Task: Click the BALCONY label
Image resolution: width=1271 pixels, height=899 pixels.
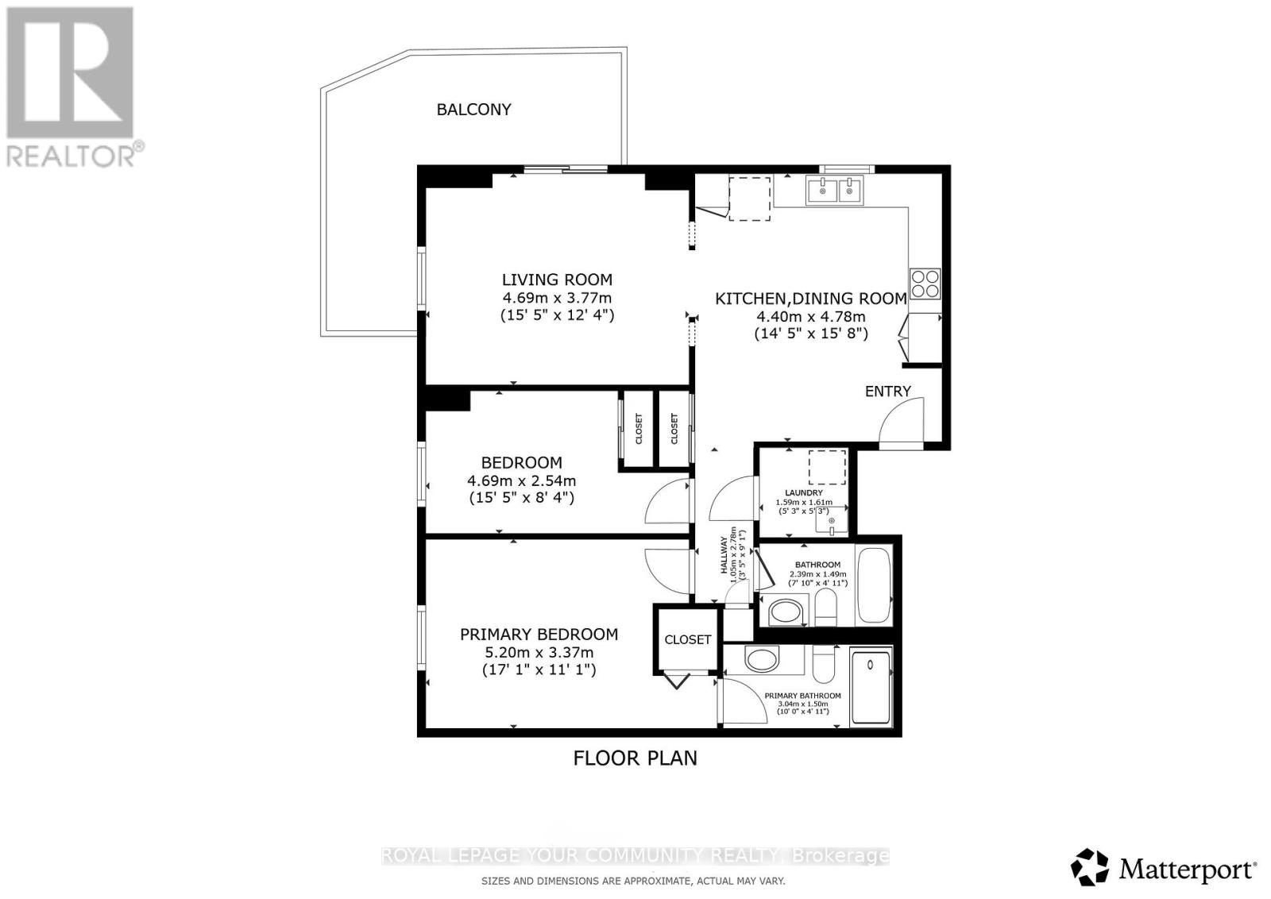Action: (x=473, y=110)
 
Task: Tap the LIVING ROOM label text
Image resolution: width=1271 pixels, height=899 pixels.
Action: (x=557, y=280)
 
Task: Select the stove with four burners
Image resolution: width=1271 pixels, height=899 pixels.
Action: (x=925, y=284)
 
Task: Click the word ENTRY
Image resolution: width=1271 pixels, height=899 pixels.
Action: (x=887, y=391)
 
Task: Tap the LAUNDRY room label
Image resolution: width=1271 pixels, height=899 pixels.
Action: (x=803, y=492)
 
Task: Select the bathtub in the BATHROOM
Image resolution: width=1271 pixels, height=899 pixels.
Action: (x=875, y=585)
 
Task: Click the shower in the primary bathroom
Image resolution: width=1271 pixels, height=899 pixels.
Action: (x=871, y=687)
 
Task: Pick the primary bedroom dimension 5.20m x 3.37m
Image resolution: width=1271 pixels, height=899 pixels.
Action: (x=539, y=653)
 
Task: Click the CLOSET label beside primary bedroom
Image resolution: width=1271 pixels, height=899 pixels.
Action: (x=687, y=639)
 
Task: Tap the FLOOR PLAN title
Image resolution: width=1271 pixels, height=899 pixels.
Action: (x=635, y=758)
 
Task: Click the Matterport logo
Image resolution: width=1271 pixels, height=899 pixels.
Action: (x=1164, y=868)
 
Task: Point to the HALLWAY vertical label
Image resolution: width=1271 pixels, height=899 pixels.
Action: (x=724, y=556)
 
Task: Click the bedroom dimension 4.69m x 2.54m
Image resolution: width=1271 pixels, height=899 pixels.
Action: (x=521, y=480)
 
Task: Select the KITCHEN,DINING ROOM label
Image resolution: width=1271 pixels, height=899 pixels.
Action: (x=810, y=299)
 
